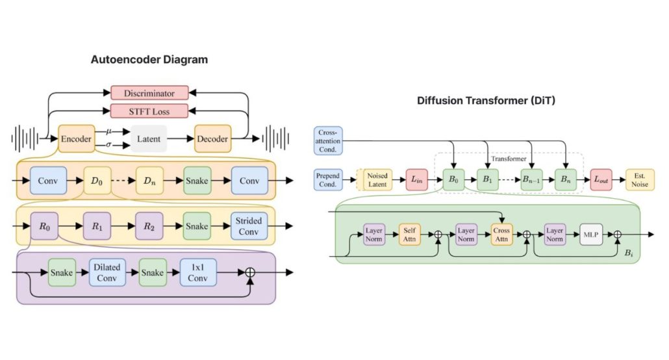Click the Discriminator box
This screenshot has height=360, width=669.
(x=149, y=93)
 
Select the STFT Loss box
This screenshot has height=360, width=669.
(x=149, y=110)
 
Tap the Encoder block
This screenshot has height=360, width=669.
(x=76, y=138)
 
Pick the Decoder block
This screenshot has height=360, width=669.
(x=213, y=138)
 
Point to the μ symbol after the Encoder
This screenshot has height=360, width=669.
(x=108, y=131)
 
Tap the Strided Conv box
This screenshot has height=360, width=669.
(x=249, y=226)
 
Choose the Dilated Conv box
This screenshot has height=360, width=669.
(x=107, y=272)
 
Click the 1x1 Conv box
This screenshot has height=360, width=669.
(x=198, y=272)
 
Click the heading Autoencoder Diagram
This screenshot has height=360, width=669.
(x=149, y=60)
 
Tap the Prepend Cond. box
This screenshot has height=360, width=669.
(x=328, y=179)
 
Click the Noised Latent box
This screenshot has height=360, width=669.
(x=377, y=179)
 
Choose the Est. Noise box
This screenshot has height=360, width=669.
(x=640, y=179)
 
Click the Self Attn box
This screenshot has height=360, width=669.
(x=409, y=235)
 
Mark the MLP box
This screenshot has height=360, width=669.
(x=591, y=235)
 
